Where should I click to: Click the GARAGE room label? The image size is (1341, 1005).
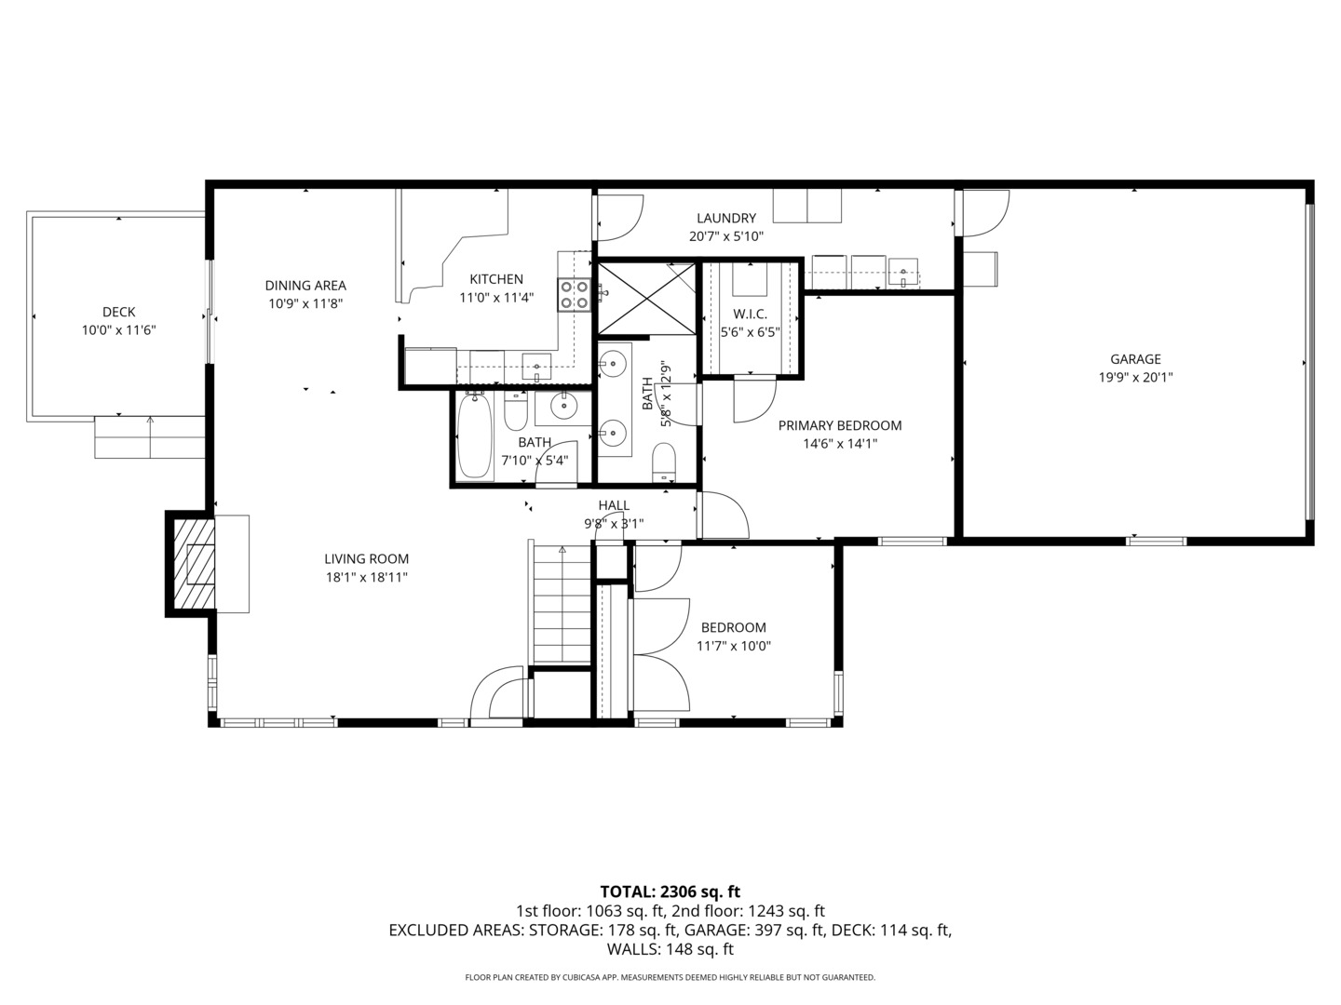pyautogui.click(x=1135, y=359)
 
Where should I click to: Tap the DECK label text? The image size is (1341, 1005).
pyautogui.click(x=118, y=313)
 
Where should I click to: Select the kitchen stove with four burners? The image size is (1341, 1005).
pyautogui.click(x=574, y=295)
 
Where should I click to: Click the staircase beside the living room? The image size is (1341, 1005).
pyautogui.click(x=562, y=605)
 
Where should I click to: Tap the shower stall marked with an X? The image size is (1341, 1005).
pyautogui.click(x=646, y=298)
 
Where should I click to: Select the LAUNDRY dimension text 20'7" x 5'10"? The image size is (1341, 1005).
pyautogui.click(x=725, y=237)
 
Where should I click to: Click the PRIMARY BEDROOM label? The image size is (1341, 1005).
pyautogui.click(x=839, y=426)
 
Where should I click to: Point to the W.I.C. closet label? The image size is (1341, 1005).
pyautogui.click(x=750, y=315)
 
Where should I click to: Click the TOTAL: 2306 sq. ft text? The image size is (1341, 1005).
pyautogui.click(x=670, y=892)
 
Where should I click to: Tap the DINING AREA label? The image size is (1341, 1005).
pyautogui.click(x=305, y=286)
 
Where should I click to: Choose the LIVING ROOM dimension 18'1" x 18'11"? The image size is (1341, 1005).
pyautogui.click(x=366, y=578)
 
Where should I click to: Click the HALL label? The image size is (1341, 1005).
pyautogui.click(x=614, y=505)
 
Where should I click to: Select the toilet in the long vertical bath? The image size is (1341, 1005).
pyautogui.click(x=663, y=462)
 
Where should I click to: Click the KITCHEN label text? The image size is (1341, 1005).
pyautogui.click(x=495, y=279)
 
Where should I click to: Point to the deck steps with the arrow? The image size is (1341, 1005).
pyautogui.click(x=150, y=437)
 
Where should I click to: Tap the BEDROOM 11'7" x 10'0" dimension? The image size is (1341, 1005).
pyautogui.click(x=734, y=647)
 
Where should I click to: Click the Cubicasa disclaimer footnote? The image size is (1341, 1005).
pyautogui.click(x=670, y=978)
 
